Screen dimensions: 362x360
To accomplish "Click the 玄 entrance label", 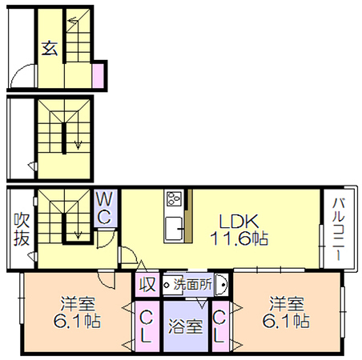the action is tap(50, 48).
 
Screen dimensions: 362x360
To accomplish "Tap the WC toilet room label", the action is tap(104, 207).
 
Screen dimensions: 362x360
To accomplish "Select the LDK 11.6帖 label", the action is tap(239, 229).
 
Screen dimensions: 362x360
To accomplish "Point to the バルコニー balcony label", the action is tap(338, 229).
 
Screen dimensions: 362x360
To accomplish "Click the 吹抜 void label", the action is tap(22, 229).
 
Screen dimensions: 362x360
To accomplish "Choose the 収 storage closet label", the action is tap(147, 284).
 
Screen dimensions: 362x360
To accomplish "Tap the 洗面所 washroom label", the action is tap(193, 284).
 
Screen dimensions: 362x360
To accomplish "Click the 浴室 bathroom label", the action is tap(185, 326).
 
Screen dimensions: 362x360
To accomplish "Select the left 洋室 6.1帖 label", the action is tap(77, 312).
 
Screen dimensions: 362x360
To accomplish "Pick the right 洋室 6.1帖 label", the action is tap(286, 312).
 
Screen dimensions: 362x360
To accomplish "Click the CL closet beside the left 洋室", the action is tap(146, 327).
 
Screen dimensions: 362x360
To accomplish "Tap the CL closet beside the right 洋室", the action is tap(219, 327).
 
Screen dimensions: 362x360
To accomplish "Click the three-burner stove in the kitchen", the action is tap(174, 198).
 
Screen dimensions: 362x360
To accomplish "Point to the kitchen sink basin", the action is tap(174, 229).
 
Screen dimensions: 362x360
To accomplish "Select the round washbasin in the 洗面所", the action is tap(221, 285).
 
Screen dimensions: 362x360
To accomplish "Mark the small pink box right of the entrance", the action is tap(98, 76).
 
